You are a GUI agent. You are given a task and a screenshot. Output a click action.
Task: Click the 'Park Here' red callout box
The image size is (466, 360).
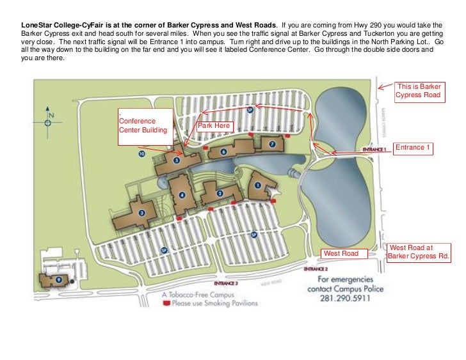coord(214,126)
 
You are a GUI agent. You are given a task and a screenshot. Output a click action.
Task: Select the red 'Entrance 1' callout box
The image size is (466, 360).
coord(413,148)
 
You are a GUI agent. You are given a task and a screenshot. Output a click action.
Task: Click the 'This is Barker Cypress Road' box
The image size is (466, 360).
coord(419,90)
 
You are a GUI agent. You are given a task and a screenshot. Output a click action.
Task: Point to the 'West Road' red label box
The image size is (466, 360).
coord(344,254)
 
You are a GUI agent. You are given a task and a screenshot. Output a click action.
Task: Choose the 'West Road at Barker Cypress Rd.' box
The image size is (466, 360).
coord(419,251)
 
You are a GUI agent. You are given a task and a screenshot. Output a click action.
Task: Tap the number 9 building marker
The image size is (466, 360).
coord(58,279)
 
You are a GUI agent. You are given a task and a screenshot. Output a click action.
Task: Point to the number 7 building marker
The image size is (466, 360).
coord(272,144)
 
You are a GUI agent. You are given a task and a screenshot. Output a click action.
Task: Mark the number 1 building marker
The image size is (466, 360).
coord(259,185)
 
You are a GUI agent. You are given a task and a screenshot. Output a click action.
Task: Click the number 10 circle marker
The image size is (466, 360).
coord(141,153)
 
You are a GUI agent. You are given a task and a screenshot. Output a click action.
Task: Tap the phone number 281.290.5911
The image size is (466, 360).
coord(344,299)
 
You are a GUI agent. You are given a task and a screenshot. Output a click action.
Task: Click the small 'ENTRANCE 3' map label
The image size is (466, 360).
coord(226,282)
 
